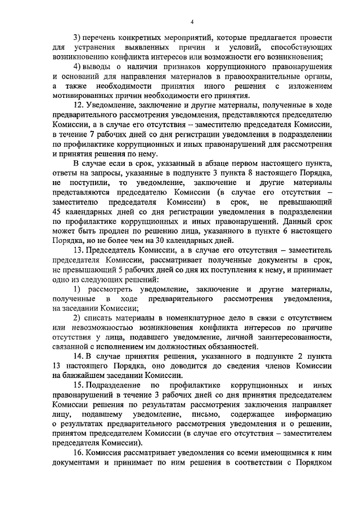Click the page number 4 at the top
coord(192,22)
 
